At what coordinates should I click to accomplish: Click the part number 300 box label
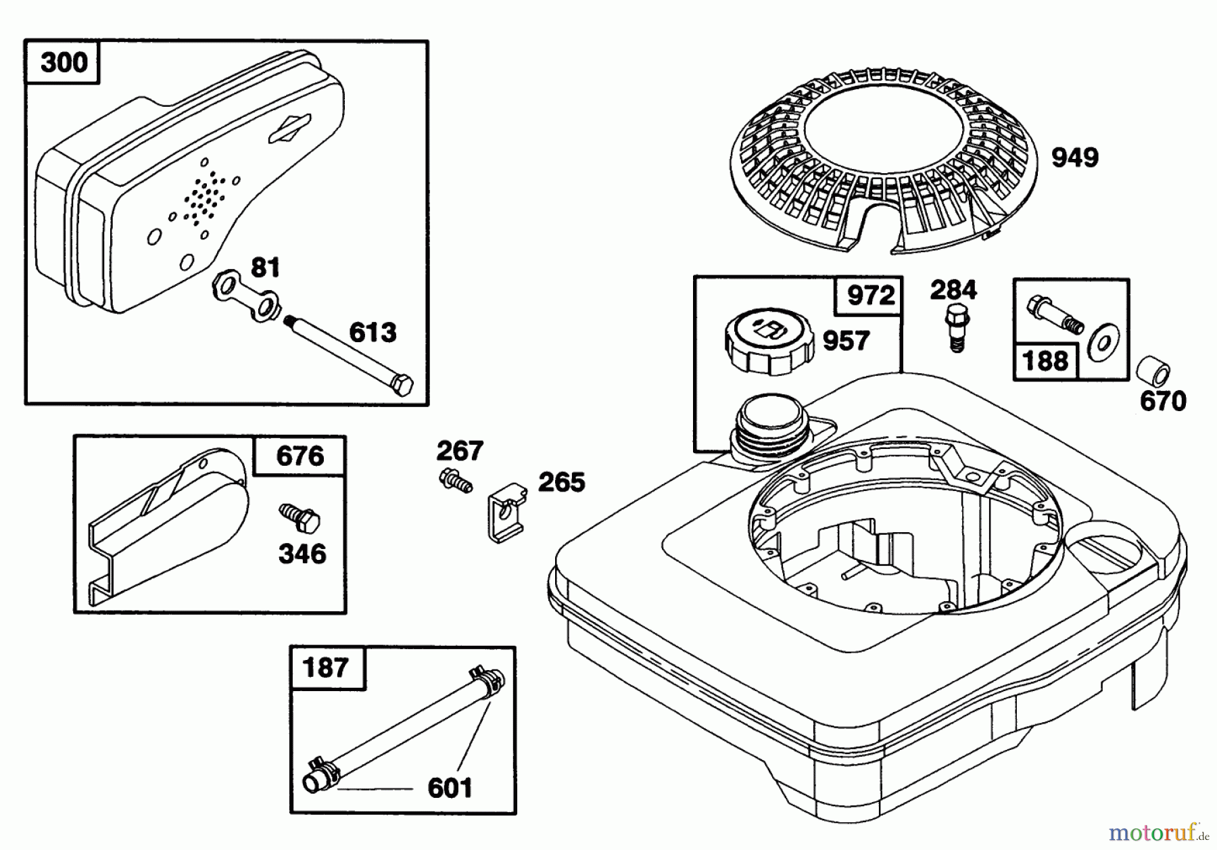pos(64,63)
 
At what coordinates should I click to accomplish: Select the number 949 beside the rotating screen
pos(1074,158)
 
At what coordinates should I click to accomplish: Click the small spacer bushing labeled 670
pos(1153,371)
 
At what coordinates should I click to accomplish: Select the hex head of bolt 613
pos(402,385)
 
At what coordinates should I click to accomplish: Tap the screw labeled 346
pos(300,519)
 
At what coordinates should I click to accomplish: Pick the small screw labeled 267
pos(455,481)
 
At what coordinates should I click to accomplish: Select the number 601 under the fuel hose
pos(450,788)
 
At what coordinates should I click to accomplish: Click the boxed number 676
pos(300,456)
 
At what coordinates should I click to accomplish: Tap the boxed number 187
pos(326,668)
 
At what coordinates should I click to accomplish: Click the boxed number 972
pos(870,296)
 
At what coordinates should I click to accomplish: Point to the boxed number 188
pos(1045,360)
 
